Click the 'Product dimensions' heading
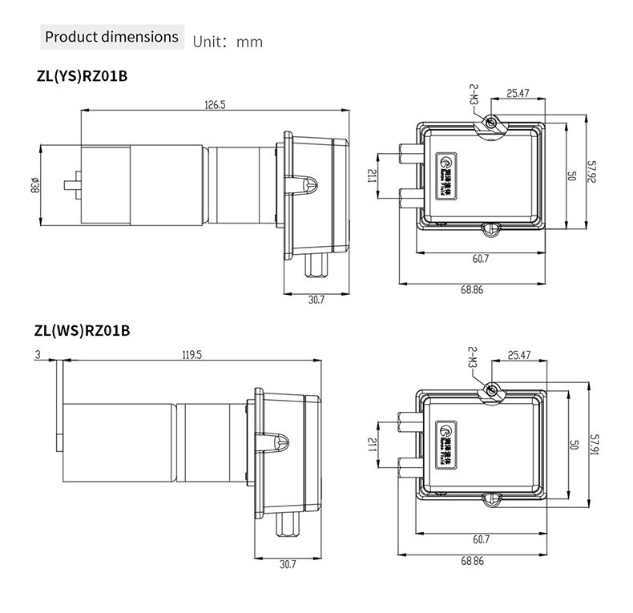pyautogui.click(x=111, y=37)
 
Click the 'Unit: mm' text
pyautogui.click(x=228, y=41)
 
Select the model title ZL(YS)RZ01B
pyautogui.click(x=81, y=78)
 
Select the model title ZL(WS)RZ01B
pyautogui.click(x=82, y=329)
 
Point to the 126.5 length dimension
pyautogui.click(x=215, y=104)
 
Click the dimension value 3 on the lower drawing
pyautogui.click(x=38, y=353)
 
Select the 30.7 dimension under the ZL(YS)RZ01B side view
pyautogui.click(x=316, y=300)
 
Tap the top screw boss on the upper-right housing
pyautogui.click(x=492, y=123)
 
